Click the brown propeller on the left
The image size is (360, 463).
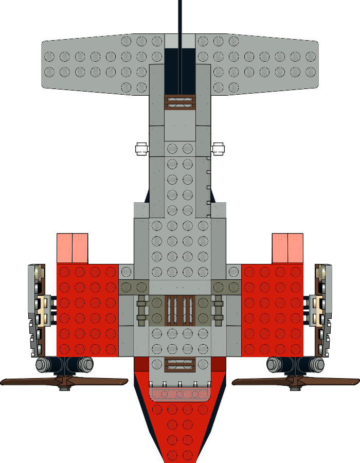31,381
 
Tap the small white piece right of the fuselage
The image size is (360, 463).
219,149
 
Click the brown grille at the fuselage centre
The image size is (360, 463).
180,311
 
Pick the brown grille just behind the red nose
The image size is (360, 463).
179,365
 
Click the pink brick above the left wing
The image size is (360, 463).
73,248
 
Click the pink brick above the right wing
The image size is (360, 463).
287,248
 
